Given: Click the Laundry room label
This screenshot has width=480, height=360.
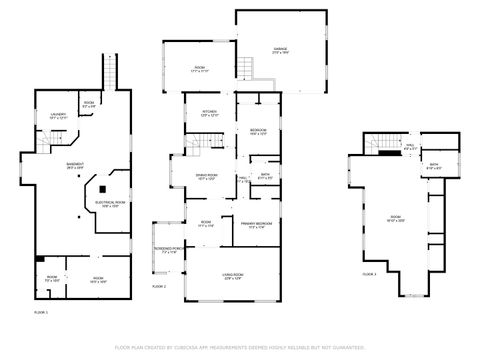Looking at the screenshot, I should point(59,115).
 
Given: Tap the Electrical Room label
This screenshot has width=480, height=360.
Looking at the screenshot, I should point(109,203).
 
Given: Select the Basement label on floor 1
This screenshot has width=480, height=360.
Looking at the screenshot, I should point(74,166).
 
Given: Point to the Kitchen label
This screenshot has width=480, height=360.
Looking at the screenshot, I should point(210,112).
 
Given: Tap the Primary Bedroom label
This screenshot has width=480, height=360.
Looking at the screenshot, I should point(257,224).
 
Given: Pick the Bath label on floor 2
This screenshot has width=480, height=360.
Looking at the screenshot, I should point(265,175).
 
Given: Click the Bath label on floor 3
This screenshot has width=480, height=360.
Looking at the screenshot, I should point(434,166).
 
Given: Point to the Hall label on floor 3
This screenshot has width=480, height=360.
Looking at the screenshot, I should point(410,146).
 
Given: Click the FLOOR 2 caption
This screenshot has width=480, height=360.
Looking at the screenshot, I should point(158,286).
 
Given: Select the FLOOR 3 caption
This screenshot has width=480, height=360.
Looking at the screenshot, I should point(369,273).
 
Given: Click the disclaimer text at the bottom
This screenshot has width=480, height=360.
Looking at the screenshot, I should point(240,347).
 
